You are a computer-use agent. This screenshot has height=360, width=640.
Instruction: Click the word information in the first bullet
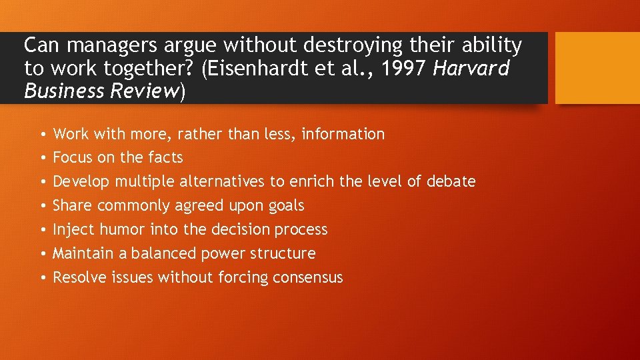(x=343, y=134)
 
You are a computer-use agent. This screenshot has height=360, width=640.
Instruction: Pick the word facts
(x=165, y=158)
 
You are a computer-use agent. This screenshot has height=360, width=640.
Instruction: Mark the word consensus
(x=308, y=278)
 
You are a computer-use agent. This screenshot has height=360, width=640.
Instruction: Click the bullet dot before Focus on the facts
(x=41, y=159)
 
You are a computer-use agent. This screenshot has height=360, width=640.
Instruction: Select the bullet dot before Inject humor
(x=41, y=231)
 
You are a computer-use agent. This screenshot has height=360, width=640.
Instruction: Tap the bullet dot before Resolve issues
(x=41, y=279)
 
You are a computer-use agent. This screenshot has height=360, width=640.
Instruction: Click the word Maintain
(x=81, y=254)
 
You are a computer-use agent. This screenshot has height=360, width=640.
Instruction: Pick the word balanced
(x=161, y=254)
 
